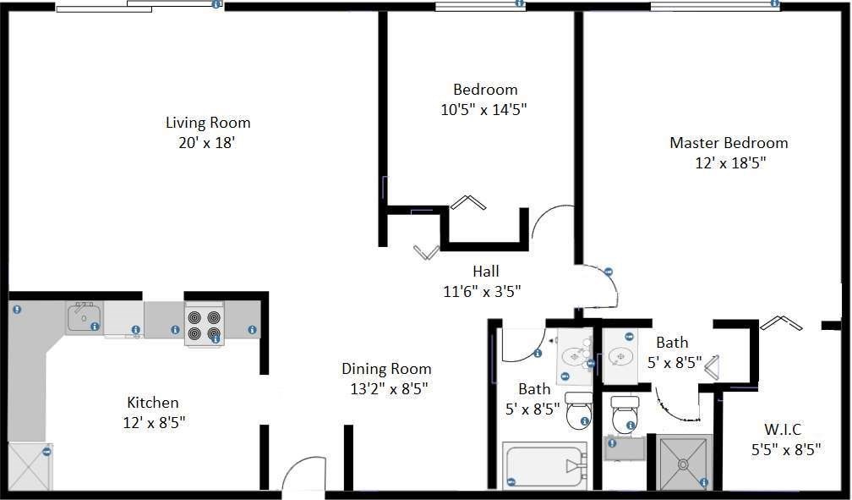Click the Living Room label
point(208,123)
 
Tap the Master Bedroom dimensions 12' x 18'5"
point(730,162)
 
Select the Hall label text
point(486,271)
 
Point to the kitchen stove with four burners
point(205,325)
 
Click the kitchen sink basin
point(84,316)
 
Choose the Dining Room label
point(386,368)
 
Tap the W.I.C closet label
point(783,429)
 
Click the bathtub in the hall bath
point(545,465)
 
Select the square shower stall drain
point(683,464)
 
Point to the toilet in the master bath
point(625,415)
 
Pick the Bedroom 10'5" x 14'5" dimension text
point(483,109)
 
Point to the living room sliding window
point(139,6)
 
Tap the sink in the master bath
point(620,357)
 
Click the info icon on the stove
point(216,339)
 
